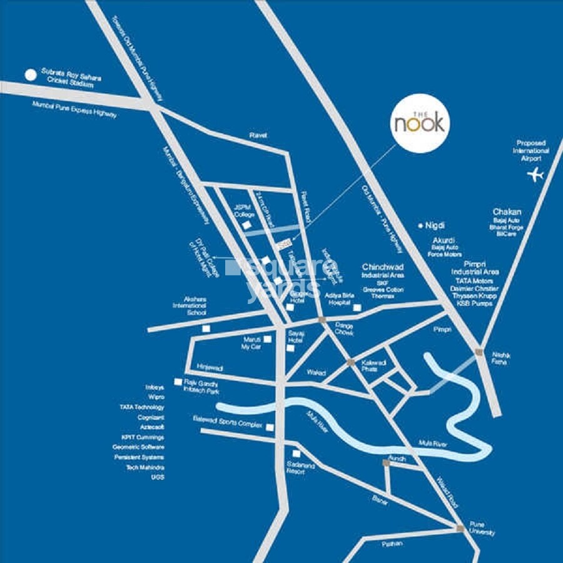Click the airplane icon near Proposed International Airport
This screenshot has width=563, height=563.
[x=535, y=174]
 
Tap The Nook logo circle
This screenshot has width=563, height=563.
[x=420, y=123]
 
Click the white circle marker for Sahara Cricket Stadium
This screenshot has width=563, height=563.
[x=30, y=75]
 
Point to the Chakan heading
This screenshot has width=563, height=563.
[x=507, y=212]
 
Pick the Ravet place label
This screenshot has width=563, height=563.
[x=258, y=134]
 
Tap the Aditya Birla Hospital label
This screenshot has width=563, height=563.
[x=338, y=298]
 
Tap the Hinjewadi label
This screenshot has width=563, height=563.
[x=210, y=368]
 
